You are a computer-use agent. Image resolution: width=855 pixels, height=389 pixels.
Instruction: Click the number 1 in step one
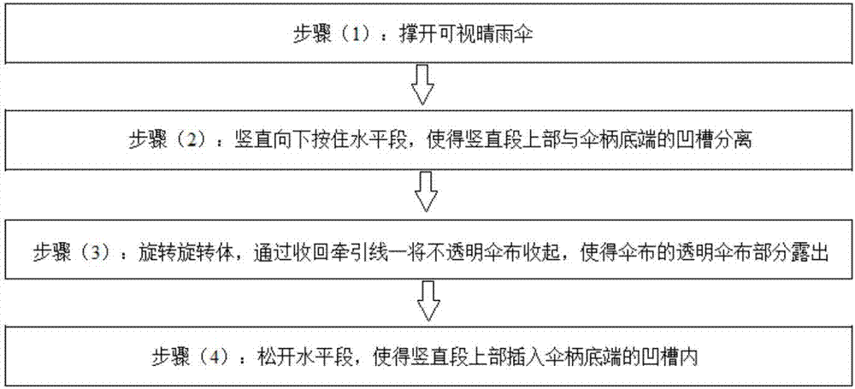356,36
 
